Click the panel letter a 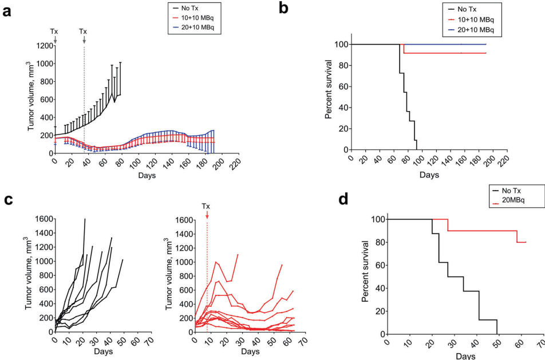coord(7,11)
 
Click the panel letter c coord(7,200)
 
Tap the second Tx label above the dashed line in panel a coord(84,31)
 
